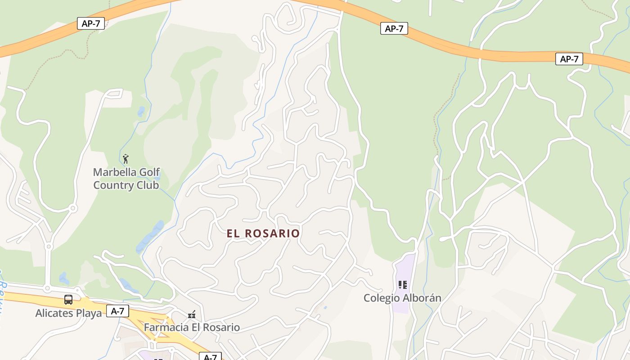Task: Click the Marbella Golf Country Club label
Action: pyautogui.click(x=126, y=179)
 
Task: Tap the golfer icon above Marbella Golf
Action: pyautogui.click(x=126, y=159)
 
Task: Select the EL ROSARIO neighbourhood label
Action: pyautogui.click(x=263, y=233)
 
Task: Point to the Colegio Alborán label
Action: pyautogui.click(x=402, y=298)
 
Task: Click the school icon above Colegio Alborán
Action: pyautogui.click(x=402, y=284)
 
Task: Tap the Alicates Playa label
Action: pyautogui.click(x=68, y=313)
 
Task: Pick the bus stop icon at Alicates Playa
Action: pyautogui.click(x=68, y=300)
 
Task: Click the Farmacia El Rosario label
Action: pyautogui.click(x=192, y=327)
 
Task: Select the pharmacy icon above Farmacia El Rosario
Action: pyautogui.click(x=192, y=314)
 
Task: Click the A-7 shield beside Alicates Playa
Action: pyautogui.click(x=117, y=310)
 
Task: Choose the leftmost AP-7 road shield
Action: pyautogui.click(x=91, y=23)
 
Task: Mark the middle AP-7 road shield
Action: pyautogui.click(x=394, y=28)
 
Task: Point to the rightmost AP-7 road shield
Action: pyautogui.click(x=569, y=58)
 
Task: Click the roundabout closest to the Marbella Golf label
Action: pyautogui.click(x=72, y=208)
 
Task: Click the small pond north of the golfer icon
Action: pyautogui.click(x=141, y=111)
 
